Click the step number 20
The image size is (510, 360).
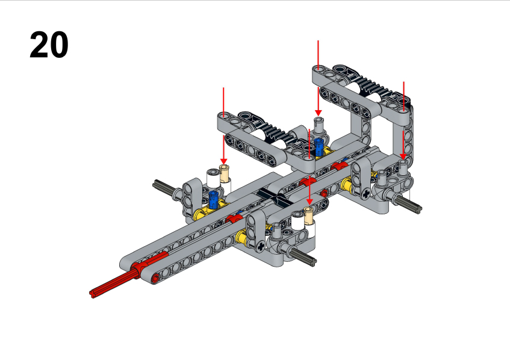tap(49, 45)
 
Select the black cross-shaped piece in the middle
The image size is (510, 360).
tap(275, 197)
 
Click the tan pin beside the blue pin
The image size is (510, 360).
tap(224, 173)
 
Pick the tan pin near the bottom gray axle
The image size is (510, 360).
tap(309, 215)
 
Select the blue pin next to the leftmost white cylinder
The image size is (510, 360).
tap(213, 200)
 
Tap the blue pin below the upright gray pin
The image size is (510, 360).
tap(319, 146)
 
